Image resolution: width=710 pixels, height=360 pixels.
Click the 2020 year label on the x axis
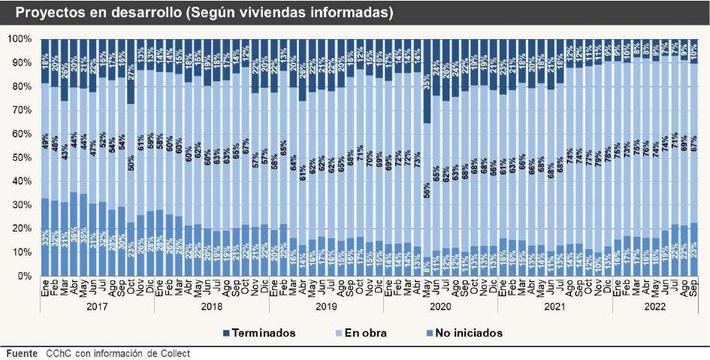(440, 307)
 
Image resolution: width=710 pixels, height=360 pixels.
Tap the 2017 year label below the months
(96, 307)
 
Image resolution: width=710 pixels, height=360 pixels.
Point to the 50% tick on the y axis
(20, 157)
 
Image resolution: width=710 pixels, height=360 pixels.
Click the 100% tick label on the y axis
(18, 38)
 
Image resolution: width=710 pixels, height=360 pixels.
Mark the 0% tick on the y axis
(23, 276)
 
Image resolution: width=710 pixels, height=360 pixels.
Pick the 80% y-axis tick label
(20, 86)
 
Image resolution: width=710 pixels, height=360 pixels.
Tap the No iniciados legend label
(470, 332)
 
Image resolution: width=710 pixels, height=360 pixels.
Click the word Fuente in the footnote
(21, 353)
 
